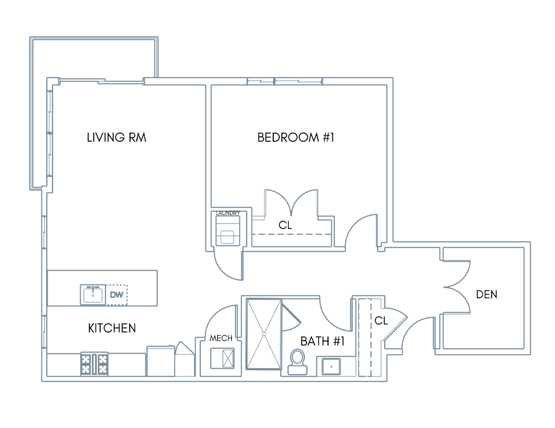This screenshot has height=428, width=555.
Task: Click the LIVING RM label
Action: (x=117, y=137)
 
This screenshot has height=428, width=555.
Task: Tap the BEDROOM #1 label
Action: (x=295, y=137)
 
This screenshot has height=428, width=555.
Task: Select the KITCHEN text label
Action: (x=112, y=328)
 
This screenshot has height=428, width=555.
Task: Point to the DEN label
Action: (x=487, y=294)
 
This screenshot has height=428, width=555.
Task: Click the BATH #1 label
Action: (x=322, y=341)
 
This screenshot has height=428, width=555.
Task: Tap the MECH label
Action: (x=221, y=338)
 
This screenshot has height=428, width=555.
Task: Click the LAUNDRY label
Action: (x=228, y=212)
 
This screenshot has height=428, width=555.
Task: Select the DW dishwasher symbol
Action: (x=117, y=294)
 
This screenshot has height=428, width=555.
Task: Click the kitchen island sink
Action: (x=93, y=294)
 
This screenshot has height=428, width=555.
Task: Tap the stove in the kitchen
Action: (x=94, y=364)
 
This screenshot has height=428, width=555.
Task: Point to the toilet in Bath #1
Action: (x=297, y=361)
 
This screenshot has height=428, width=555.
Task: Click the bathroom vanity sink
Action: (x=331, y=366)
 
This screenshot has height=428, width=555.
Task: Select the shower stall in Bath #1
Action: (x=264, y=334)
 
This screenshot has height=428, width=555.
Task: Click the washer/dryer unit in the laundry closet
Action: (x=228, y=230)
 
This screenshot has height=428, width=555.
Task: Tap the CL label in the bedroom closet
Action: (x=285, y=225)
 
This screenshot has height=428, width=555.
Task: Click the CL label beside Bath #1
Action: (x=381, y=321)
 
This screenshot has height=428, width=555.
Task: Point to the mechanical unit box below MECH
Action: (x=222, y=358)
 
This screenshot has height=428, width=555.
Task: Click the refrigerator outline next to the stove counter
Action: (x=161, y=361)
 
